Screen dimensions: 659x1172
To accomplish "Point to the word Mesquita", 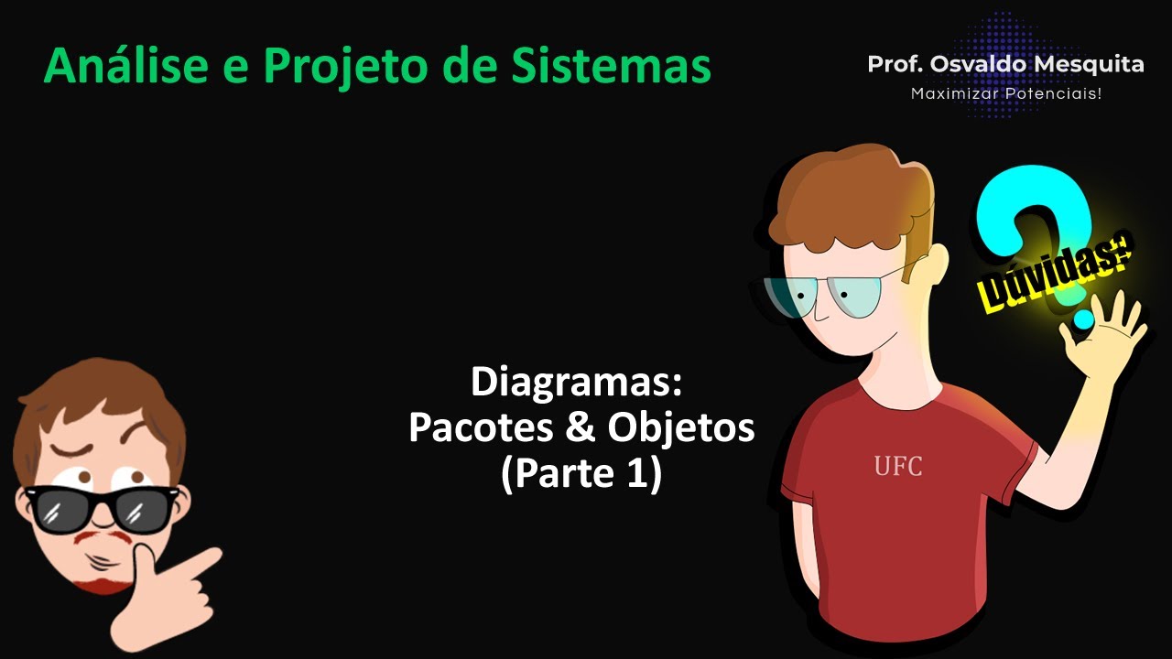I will [1095, 64].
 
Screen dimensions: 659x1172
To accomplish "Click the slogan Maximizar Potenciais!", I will [1005, 93].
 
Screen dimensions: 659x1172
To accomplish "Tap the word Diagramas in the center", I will [576, 383].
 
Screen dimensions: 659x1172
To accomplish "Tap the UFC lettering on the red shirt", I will [897, 467].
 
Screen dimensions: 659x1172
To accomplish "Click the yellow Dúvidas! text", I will [1053, 273].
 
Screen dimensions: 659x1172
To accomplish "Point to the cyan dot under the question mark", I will [1083, 319].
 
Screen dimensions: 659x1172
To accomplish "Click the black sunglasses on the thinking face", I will [101, 508].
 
